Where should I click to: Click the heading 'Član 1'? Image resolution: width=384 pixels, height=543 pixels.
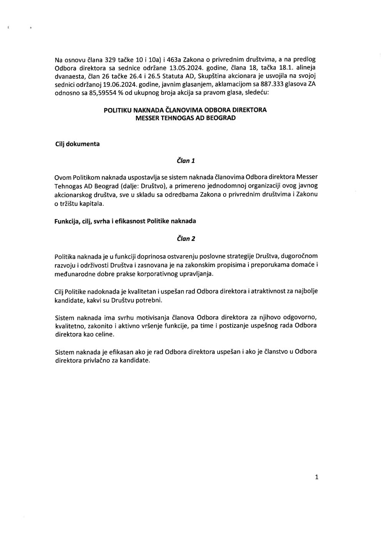click(x=186, y=161)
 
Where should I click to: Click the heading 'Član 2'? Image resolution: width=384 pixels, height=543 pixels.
click(x=186, y=239)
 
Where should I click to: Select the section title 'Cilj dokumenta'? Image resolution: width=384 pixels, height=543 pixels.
click(x=77, y=144)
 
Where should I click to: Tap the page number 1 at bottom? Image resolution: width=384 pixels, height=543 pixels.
click(x=316, y=477)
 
